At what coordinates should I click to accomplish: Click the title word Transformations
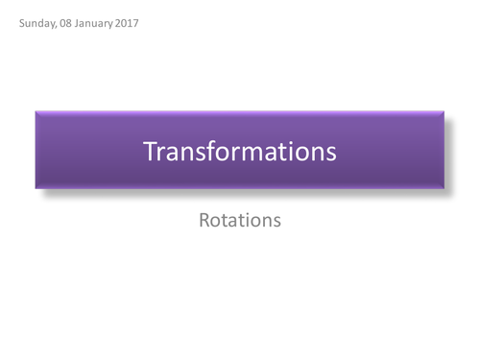240,151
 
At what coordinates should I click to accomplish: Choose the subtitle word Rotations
240,220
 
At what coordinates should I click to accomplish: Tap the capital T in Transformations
149,151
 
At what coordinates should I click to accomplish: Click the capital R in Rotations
204,220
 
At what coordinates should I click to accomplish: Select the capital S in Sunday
21,22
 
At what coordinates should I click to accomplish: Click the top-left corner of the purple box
36,112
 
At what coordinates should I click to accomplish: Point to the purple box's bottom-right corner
444,188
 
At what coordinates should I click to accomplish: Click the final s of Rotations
276,221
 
